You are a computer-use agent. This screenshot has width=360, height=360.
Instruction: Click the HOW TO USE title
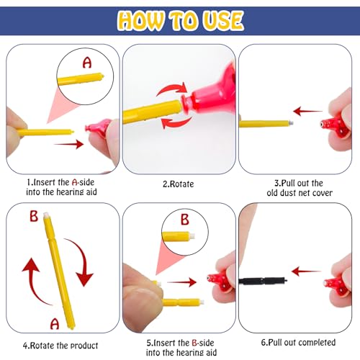coord(179,20)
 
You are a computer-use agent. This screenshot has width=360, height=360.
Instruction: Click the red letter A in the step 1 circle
coord(87,63)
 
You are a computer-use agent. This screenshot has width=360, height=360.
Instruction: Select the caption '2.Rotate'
coord(178,184)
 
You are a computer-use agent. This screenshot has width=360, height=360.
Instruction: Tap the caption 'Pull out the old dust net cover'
coord(298,188)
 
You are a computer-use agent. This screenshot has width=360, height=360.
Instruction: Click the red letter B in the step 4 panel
coord(34,215)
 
